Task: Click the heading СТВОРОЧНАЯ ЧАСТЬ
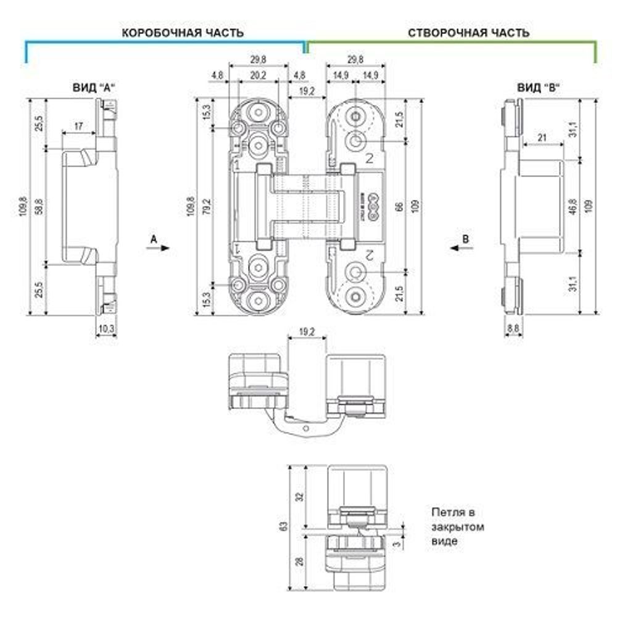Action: (468, 33)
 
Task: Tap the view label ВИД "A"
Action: (91, 88)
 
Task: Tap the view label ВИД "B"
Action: (538, 88)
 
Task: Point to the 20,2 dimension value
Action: (258, 75)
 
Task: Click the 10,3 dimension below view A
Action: (106, 329)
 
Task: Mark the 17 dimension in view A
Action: (78, 126)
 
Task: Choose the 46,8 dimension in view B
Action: (573, 207)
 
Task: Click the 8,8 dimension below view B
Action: (512, 329)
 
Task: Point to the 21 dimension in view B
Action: (542, 138)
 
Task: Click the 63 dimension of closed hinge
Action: (283, 527)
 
